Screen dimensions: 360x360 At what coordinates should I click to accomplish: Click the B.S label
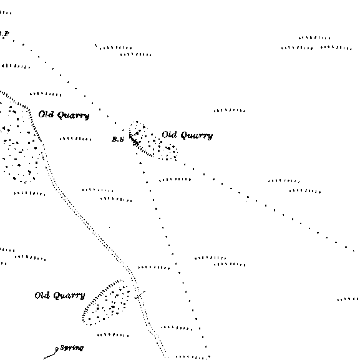click(118, 139)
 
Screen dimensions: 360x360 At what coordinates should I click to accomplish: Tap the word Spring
click(72, 348)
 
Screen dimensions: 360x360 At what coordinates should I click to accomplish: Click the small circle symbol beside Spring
click(57, 349)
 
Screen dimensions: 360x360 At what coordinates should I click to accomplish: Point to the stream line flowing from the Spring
click(51, 354)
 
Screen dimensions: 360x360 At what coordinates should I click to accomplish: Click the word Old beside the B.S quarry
click(169, 135)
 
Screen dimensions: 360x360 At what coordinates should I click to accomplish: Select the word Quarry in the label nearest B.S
click(197, 135)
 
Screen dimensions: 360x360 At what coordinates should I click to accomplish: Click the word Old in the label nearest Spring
click(42, 295)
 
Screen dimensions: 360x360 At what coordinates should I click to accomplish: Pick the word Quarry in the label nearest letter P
click(73, 115)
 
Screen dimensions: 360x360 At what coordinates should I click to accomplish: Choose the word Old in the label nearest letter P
click(46, 114)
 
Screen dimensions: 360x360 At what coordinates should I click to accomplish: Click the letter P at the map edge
click(6, 34)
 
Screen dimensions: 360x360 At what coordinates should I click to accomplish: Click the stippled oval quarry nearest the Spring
click(106, 303)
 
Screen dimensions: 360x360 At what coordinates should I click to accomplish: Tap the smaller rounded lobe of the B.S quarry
click(168, 152)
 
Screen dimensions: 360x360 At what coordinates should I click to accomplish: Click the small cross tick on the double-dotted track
click(140, 295)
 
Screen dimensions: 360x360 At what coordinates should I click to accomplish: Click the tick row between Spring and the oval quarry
click(113, 335)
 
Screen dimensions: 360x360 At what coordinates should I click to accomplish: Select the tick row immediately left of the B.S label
click(75, 139)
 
